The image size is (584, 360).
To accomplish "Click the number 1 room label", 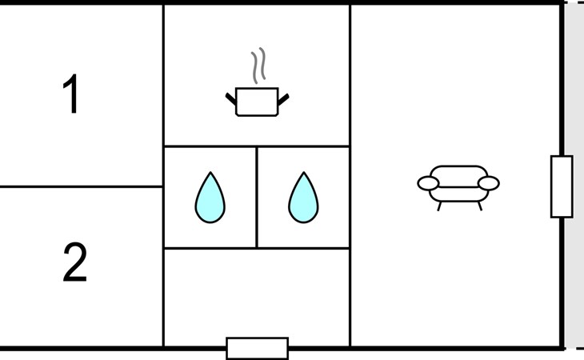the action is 70,94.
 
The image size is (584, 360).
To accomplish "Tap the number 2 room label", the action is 74,262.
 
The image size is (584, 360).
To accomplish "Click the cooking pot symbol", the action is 257,102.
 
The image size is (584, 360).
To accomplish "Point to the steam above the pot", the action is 258,66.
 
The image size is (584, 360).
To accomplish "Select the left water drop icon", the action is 210,198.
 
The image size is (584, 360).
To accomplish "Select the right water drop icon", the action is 303,198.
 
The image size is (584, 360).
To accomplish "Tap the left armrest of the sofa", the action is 428,183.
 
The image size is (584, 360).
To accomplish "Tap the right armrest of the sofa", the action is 489,183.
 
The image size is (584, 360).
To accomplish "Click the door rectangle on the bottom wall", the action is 258,349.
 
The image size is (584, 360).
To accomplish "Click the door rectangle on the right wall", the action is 562,186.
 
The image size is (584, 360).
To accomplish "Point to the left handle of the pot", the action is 231,99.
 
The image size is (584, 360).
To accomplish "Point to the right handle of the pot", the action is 283,99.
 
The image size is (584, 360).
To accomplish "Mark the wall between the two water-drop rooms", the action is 257,198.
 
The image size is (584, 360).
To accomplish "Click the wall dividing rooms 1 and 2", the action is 81,186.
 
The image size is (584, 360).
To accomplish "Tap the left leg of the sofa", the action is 439,206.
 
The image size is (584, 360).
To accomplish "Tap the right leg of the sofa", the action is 480,206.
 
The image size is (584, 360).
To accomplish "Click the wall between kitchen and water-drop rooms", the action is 257,146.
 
